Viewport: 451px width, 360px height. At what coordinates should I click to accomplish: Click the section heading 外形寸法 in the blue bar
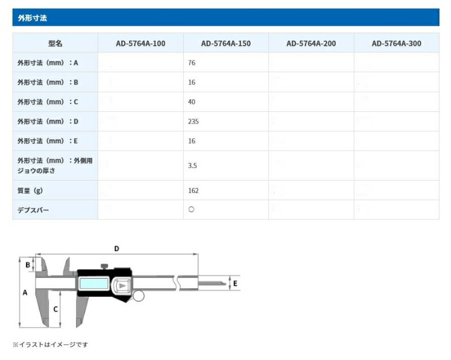[32, 18]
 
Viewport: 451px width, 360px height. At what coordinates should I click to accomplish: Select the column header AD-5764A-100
[140, 43]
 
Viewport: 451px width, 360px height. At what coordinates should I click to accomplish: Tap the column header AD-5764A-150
[226, 43]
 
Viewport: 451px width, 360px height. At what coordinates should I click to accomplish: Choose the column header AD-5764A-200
[311, 43]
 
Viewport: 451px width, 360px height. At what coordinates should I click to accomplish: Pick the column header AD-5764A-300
[396, 43]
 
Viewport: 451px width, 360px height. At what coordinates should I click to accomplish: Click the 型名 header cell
[55, 43]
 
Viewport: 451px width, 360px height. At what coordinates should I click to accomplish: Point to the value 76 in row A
[192, 63]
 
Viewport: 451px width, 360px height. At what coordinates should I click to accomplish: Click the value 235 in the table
[193, 121]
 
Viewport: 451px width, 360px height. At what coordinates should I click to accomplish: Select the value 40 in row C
[192, 102]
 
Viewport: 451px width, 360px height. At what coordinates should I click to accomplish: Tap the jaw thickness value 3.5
[192, 165]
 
